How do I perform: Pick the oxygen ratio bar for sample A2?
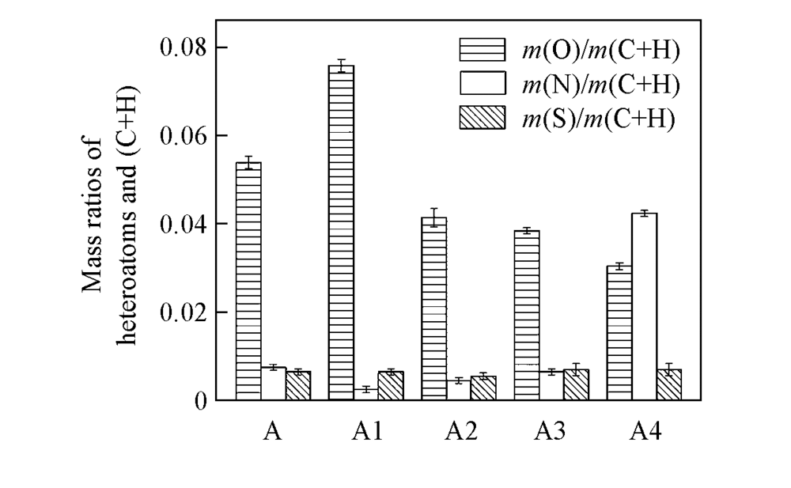point(433,308)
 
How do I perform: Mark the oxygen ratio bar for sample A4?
point(619,333)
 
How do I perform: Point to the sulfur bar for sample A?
point(298,385)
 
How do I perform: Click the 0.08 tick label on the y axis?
point(183,47)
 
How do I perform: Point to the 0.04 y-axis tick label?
point(183,224)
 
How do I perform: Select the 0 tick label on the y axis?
point(199,401)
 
